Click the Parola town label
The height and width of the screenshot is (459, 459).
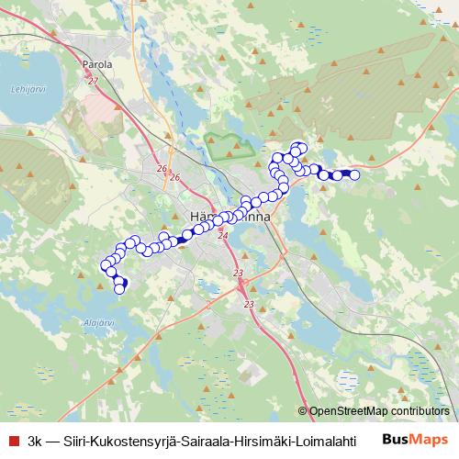(x=96, y=65)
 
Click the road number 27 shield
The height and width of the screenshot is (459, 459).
(x=93, y=82)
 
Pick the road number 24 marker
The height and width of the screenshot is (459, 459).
(x=222, y=236)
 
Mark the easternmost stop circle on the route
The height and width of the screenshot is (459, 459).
(x=354, y=174)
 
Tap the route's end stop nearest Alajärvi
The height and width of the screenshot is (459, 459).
(x=118, y=289)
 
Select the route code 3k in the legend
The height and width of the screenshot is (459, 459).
(x=36, y=440)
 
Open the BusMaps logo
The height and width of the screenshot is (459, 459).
(x=415, y=439)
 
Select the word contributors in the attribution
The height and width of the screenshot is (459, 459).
(x=421, y=411)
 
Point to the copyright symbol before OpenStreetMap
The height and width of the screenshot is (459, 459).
(x=303, y=411)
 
